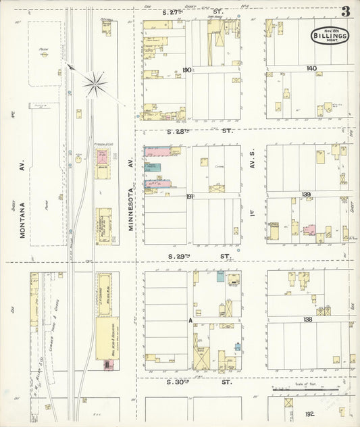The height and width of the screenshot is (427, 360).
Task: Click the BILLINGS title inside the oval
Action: pos(330,36)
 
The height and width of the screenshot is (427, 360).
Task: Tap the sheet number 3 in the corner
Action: pos(345,11)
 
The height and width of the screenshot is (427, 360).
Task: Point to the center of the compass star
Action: pos(95,84)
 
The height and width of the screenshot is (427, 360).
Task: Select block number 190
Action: pos(187,70)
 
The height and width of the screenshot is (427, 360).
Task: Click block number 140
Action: pos(311,69)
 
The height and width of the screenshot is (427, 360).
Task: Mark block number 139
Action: pos(306,195)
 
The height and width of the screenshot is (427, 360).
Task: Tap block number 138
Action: pos(307,319)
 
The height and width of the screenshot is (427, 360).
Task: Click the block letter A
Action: pos(191,320)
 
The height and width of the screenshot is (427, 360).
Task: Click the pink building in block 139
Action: pos(308,230)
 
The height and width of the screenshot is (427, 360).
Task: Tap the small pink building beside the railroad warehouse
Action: pos(105,365)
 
